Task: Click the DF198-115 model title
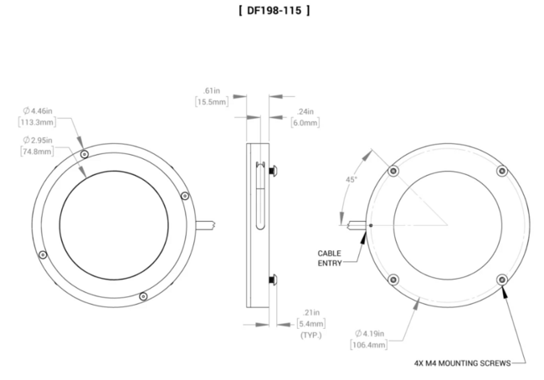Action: coord(272,11)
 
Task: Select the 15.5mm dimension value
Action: coord(211,102)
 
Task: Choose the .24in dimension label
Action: coord(305,110)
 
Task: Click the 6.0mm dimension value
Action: coord(305,123)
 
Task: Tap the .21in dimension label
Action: coord(311,311)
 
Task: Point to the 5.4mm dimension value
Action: coord(311,322)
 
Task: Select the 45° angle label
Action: coord(351,180)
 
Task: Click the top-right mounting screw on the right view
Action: coord(501,171)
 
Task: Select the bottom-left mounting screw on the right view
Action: coord(393,279)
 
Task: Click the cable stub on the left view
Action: coord(206,223)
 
